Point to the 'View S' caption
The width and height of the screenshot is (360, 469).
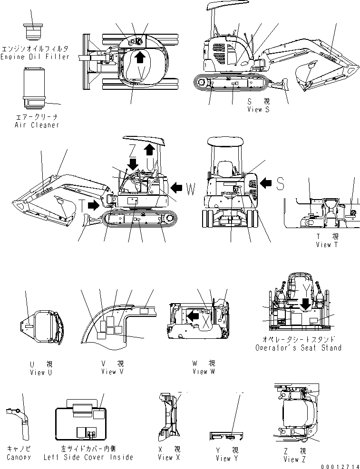point(258,110)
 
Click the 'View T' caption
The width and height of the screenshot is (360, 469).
point(327,244)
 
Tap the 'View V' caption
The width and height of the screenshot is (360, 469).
point(112,372)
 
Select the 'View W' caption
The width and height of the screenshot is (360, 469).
point(203,372)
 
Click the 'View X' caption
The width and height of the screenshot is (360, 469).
point(169,457)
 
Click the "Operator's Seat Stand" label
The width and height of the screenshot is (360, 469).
point(298,348)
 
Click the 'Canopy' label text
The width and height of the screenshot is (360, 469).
point(19,457)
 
